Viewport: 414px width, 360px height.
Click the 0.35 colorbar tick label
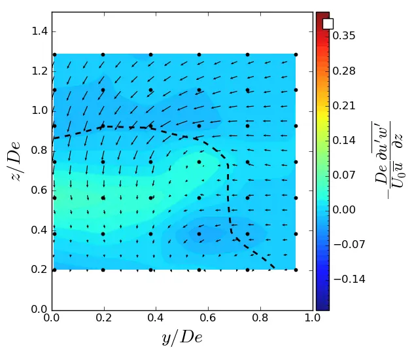(346, 36)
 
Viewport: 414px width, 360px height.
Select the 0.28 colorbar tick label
(346, 71)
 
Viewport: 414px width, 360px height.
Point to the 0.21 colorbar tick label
(346, 105)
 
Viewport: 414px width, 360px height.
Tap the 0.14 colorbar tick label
(346, 140)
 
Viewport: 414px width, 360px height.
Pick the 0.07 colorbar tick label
(346, 175)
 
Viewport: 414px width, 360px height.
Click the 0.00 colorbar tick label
(346, 209)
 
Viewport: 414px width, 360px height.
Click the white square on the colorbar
(328, 24)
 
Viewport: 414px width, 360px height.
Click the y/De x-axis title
(182, 338)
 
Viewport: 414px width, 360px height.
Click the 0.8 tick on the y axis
(40, 151)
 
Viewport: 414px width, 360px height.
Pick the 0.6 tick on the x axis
(208, 319)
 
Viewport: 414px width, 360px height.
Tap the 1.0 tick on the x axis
(313, 319)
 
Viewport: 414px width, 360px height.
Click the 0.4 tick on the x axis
(156, 319)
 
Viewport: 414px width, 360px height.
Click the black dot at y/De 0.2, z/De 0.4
(103, 234)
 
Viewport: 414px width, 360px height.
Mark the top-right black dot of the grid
(296, 54)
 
